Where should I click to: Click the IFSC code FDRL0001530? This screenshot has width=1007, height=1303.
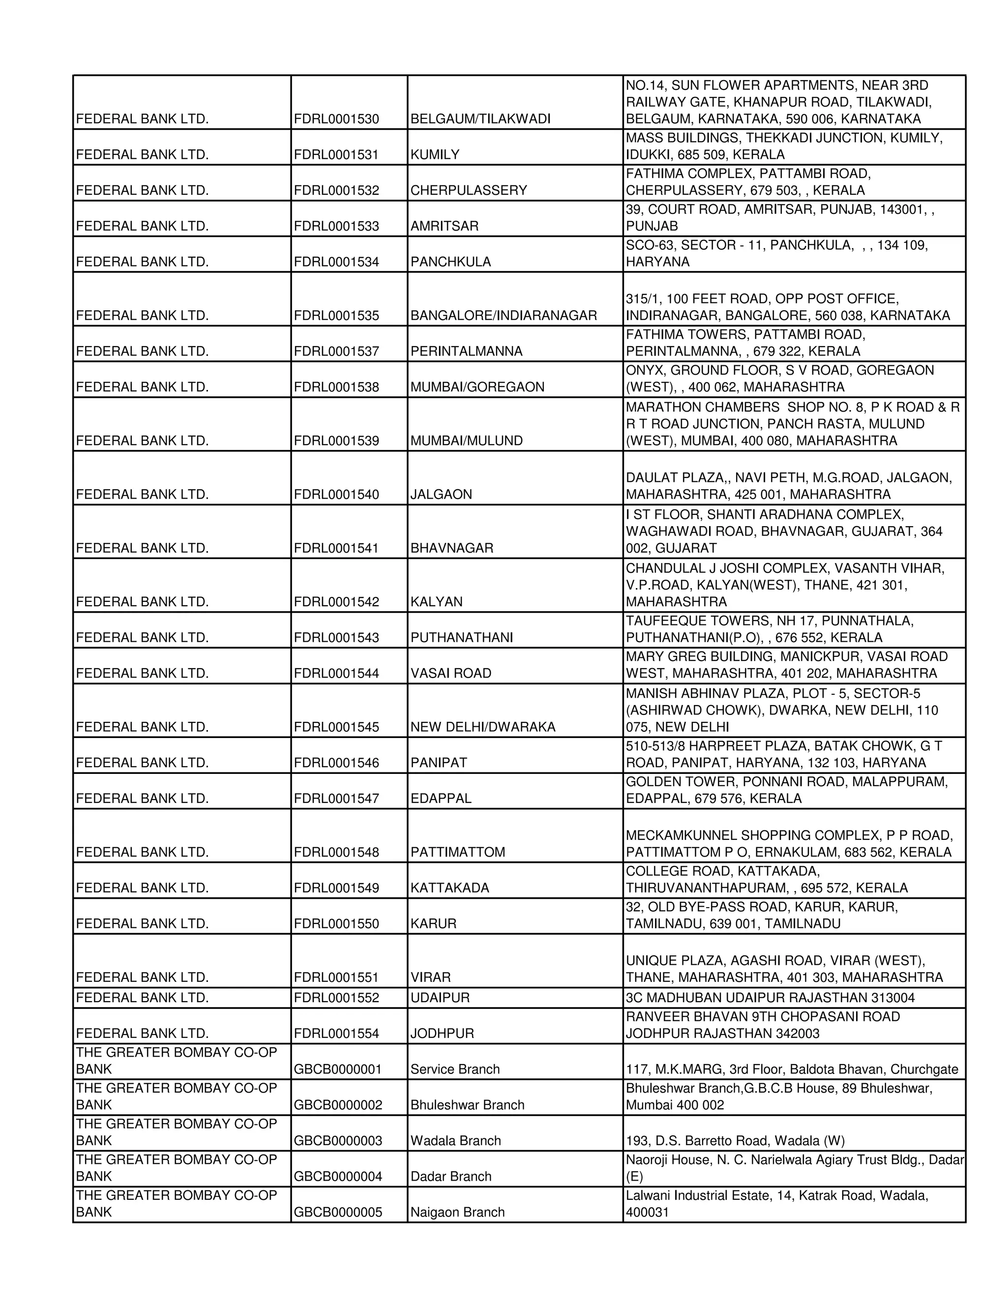click(x=336, y=118)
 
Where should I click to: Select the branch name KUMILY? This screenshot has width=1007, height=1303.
click(x=435, y=154)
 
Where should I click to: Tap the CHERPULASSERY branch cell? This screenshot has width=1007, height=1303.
click(x=468, y=190)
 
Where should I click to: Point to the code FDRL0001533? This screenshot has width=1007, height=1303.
click(x=336, y=226)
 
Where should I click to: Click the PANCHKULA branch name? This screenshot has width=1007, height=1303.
click(x=450, y=262)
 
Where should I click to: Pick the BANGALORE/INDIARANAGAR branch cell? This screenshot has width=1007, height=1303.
click(x=503, y=316)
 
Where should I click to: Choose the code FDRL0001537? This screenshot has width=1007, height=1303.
click(x=336, y=352)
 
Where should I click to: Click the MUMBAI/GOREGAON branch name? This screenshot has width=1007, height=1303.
click(x=477, y=387)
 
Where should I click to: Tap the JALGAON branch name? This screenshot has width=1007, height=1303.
click(x=441, y=495)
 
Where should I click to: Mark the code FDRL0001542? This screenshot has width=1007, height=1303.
click(x=336, y=602)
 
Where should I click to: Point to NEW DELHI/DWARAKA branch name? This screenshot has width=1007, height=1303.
click(x=483, y=727)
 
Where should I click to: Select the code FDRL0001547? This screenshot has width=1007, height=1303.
click(x=336, y=799)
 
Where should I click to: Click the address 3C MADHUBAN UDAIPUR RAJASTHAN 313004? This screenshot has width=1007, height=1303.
click(x=770, y=998)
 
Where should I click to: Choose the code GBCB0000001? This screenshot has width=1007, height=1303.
click(x=338, y=1070)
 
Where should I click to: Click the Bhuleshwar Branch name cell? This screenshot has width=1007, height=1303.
click(x=467, y=1105)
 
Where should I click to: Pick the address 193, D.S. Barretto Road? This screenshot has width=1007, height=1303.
click(x=735, y=1141)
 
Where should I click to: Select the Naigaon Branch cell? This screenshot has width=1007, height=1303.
click(x=457, y=1213)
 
